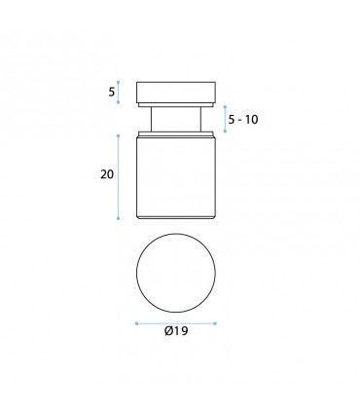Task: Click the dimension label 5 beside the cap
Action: click(112, 93)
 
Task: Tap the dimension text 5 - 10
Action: click(243, 120)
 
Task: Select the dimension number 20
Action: click(107, 174)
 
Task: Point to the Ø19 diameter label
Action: click(176, 331)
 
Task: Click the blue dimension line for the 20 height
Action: click(118, 177)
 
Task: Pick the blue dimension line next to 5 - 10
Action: click(225, 119)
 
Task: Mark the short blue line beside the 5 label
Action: click(118, 93)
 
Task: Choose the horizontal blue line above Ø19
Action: click(176, 323)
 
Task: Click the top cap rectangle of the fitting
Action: click(176, 93)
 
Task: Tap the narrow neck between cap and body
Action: click(176, 119)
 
